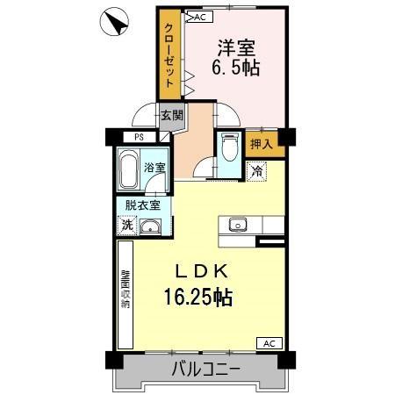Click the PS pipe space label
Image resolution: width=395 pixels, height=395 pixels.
tap(139, 137)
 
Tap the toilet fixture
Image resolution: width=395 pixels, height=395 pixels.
tap(229, 148)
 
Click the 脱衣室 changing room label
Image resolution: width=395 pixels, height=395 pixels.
tap(141, 205)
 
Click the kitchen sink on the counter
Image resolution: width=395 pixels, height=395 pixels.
tap(238, 225)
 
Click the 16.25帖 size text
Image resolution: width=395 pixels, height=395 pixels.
tap(197, 298)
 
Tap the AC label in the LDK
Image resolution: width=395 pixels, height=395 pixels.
tap(269, 343)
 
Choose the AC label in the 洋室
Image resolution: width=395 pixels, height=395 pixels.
tap(198, 17)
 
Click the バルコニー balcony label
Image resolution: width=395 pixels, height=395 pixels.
tap(204, 370)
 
